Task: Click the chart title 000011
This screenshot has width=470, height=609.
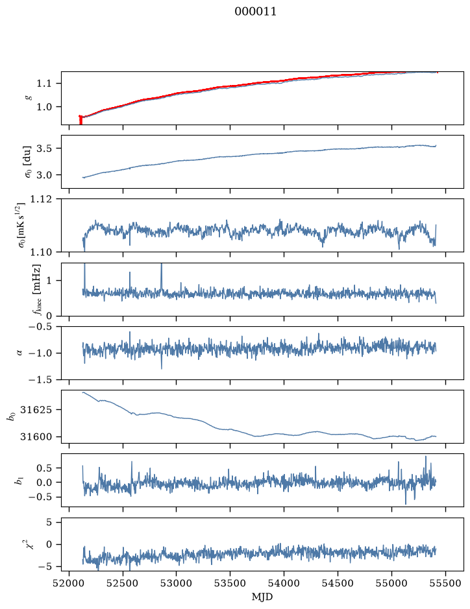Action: point(255,12)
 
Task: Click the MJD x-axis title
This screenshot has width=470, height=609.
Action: point(262,597)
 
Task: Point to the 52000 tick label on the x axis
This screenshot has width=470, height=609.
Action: point(69,583)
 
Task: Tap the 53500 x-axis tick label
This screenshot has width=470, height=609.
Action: point(230,583)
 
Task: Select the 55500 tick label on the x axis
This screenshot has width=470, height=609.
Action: point(445,583)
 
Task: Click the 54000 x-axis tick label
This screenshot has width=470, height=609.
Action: point(284,583)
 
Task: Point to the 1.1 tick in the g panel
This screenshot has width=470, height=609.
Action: point(44,84)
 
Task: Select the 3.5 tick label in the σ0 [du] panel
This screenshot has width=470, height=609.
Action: point(44,149)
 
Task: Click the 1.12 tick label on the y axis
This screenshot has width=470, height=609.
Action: point(40,199)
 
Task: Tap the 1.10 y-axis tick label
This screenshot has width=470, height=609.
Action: point(40,252)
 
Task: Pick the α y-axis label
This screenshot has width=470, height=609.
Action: point(19,353)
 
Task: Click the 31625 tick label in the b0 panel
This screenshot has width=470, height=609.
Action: point(35,410)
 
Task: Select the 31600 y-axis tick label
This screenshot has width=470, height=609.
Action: point(35,436)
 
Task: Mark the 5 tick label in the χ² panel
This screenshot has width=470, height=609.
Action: point(49,522)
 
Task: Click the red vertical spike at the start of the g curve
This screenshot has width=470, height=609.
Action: point(80,120)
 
